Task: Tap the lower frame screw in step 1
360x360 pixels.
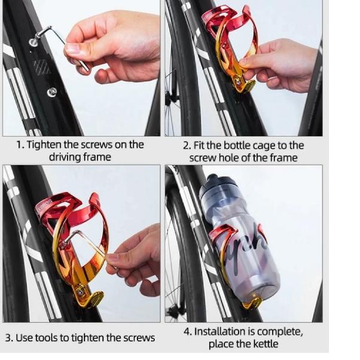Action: (x=52, y=92)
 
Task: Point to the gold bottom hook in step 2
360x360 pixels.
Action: (x=246, y=85)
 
